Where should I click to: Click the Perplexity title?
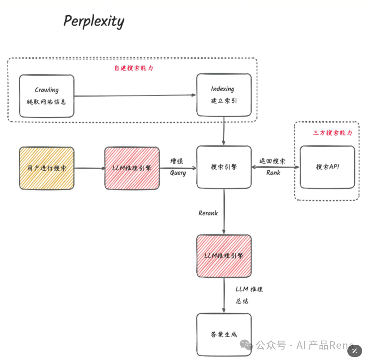point(94,21)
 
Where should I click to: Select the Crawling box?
point(46,96)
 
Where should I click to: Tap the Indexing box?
point(224,95)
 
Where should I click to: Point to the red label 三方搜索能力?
point(333,133)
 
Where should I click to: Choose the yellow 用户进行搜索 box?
point(46,168)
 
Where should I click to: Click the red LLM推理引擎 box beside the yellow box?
point(132,168)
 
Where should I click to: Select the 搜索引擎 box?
point(224,168)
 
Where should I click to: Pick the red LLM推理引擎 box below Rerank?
point(224,256)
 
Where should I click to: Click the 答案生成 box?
point(224,335)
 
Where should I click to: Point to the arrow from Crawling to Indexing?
point(135,96)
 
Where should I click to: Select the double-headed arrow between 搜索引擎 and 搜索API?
point(276,167)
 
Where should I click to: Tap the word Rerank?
point(208,213)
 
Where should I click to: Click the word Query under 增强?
point(178,173)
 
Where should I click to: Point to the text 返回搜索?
point(273,161)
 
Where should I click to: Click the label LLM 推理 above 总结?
point(249,289)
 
